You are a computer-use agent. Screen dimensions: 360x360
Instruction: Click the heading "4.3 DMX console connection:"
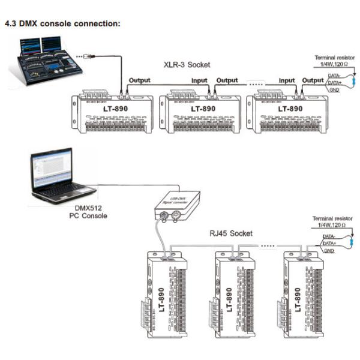coord(63,23)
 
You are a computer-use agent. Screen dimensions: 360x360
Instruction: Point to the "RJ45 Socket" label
coord(229,233)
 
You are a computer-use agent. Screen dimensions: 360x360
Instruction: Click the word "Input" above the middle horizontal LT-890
coord(200,80)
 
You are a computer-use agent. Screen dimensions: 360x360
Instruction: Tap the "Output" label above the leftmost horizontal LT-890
coord(139,80)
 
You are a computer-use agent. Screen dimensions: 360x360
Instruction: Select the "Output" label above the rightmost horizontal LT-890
coord(313,80)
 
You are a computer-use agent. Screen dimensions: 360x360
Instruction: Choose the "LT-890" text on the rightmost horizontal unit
coord(291,109)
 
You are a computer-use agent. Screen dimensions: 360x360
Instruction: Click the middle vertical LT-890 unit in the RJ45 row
coord(229,294)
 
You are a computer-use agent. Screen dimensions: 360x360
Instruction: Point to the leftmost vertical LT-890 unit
coord(163,294)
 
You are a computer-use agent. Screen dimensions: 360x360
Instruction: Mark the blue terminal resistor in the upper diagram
coord(353,79)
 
